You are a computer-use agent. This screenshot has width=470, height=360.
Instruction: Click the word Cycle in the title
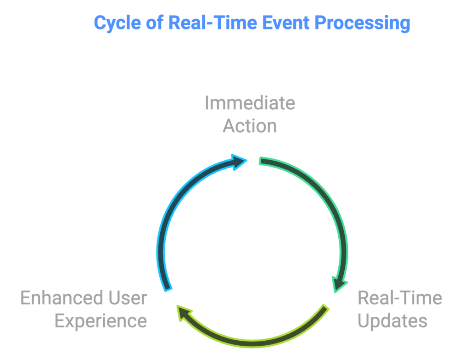coord(117,23)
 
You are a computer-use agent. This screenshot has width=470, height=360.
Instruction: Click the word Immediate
coord(250,103)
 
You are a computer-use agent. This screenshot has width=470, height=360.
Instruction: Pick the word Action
coord(250,126)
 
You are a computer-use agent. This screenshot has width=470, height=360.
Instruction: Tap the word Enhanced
coord(62,298)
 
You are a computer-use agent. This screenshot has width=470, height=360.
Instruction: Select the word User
coord(128,298)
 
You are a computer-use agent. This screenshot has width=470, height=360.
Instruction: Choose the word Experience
coord(101,321)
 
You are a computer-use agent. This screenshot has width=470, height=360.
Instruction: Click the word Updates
coord(392,321)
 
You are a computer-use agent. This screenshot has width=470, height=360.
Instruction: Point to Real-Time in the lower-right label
coord(400,298)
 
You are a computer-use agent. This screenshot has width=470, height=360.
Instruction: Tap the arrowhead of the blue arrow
coord(239,162)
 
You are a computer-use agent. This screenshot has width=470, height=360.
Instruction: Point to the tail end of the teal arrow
coord(260,161)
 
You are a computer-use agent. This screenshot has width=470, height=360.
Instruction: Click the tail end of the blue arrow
coord(168,290)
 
